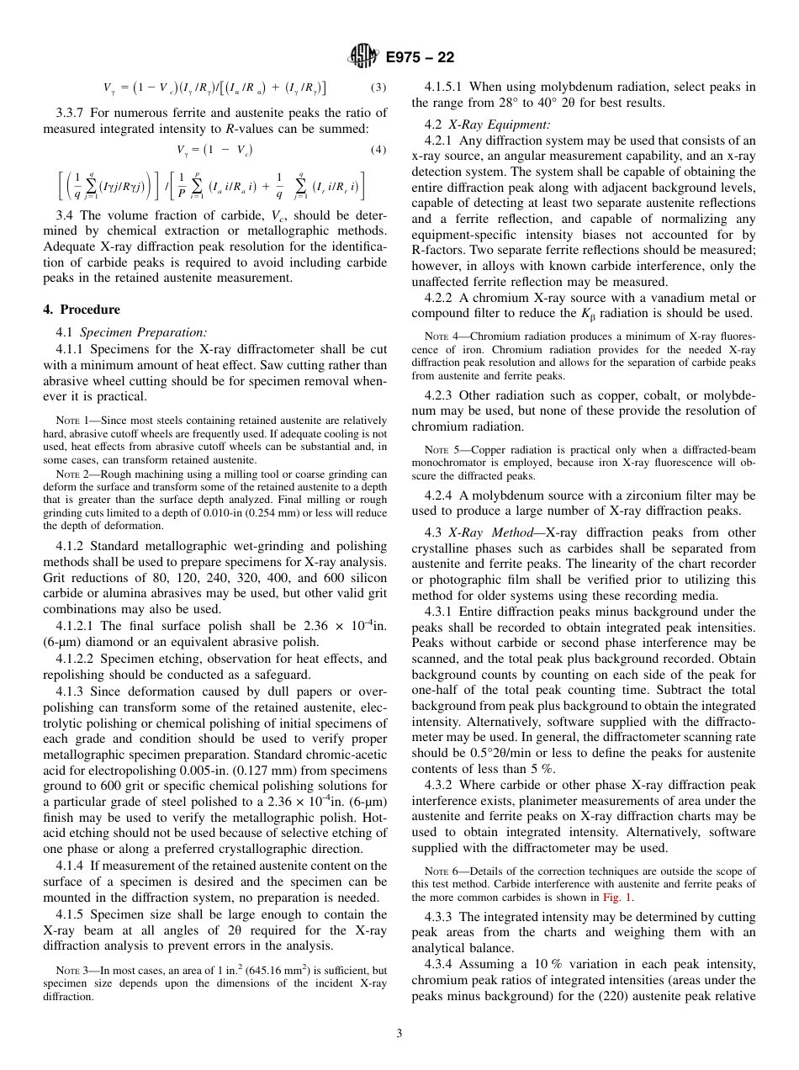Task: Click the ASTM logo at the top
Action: click(x=363, y=57)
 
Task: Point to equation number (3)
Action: click(x=378, y=87)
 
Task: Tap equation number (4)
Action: click(x=378, y=151)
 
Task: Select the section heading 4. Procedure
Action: click(x=82, y=310)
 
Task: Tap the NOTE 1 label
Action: click(x=67, y=421)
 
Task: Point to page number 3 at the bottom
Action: click(x=399, y=1034)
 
